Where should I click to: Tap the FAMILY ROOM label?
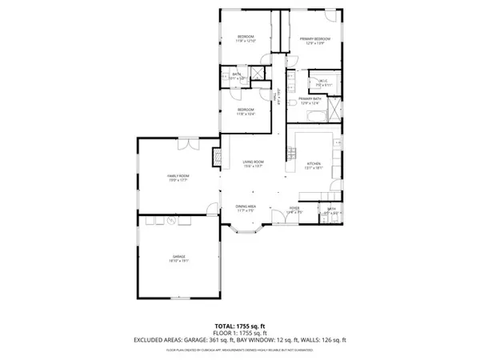coord(177,176)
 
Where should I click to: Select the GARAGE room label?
coord(177,258)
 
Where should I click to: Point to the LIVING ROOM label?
coord(254,164)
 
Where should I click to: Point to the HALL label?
coord(274,98)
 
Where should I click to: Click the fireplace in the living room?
coord(215,157)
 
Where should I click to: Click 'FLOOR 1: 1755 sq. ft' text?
coord(240,333)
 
